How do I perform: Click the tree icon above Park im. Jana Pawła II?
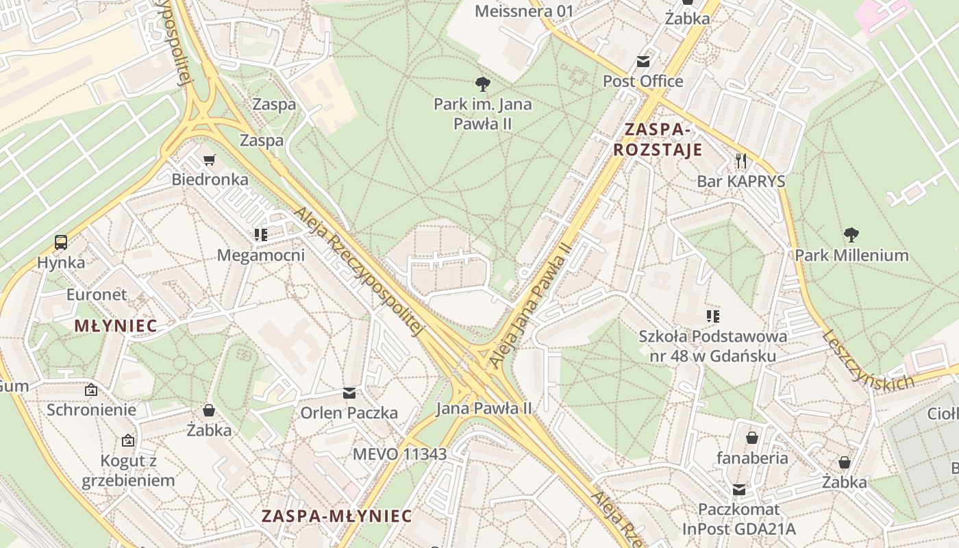483,84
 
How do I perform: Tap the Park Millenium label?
851,256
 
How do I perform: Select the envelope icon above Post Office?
643,62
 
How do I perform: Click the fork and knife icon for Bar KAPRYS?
740,162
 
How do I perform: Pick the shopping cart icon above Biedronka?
210,160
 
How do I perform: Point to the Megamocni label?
260,256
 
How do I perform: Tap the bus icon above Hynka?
61,242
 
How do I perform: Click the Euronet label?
97,295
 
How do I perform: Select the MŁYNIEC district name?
115,326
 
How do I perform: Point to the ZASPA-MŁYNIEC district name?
337,516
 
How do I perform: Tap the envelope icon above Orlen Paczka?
349,393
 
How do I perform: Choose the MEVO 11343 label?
399,453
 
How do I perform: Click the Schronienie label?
91,410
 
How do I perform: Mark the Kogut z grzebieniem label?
128,471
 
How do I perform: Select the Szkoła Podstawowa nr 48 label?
712,346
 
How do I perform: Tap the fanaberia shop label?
752,458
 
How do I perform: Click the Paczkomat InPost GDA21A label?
738,519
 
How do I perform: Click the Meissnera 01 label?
524,11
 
